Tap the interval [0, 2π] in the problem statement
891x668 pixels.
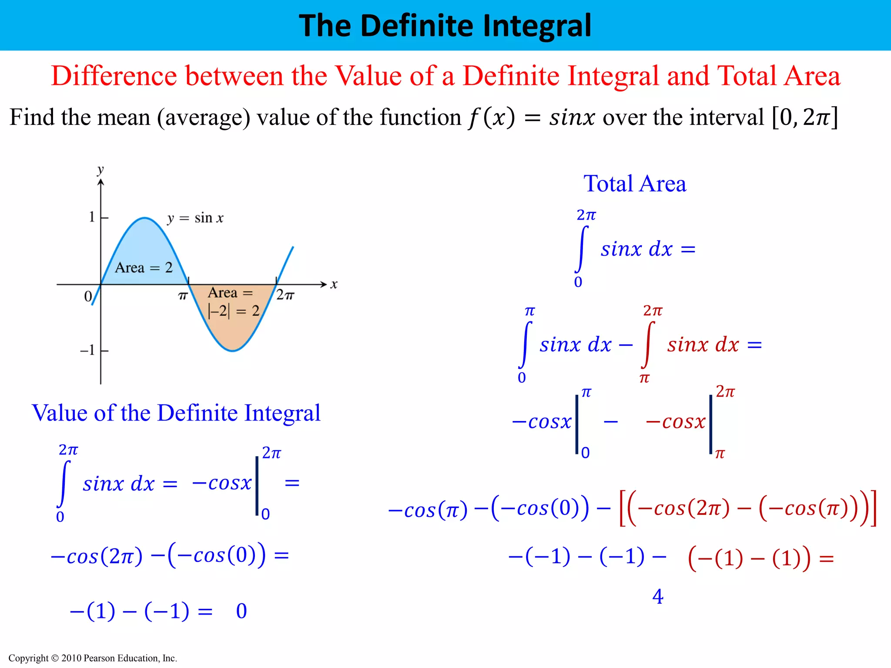[x=804, y=117]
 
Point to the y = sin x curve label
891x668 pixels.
[x=195, y=218]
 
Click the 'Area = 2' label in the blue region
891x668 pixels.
[x=144, y=267]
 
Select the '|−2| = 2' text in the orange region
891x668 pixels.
[x=234, y=311]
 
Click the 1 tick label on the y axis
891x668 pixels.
[x=92, y=217]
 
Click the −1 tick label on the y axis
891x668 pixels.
[x=87, y=350]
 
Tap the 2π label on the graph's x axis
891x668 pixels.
[x=285, y=296]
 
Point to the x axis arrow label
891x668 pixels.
[x=334, y=285]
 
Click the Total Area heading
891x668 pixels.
[x=635, y=184]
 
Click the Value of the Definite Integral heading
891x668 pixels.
[x=176, y=413]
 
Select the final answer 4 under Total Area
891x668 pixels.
[x=658, y=597]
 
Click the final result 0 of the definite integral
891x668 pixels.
[x=241, y=611]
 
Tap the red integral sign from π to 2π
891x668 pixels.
[x=648, y=344]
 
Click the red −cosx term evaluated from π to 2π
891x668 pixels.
[x=675, y=422]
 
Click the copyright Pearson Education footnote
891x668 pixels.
[x=93, y=658]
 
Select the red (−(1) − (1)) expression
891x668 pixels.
[x=749, y=558]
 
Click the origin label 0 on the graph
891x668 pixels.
[x=88, y=297]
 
